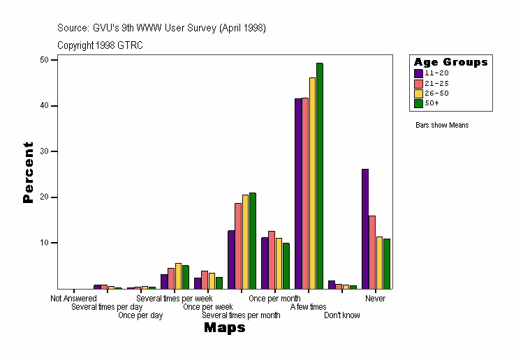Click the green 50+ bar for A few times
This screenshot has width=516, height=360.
(320, 176)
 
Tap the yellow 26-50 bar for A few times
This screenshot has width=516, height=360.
(312, 183)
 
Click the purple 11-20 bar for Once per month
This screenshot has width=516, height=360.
(265, 263)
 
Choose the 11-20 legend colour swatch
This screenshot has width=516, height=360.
(418, 73)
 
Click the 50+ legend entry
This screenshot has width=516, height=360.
(432, 103)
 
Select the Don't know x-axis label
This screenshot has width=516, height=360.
(342, 315)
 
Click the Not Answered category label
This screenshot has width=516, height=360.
(73, 299)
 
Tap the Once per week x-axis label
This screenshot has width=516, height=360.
(207, 307)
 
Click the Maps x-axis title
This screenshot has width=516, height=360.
(224, 328)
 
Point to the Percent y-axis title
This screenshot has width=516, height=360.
(28, 172)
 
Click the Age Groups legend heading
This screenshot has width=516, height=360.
(450, 62)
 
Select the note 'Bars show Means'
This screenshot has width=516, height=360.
(442, 126)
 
